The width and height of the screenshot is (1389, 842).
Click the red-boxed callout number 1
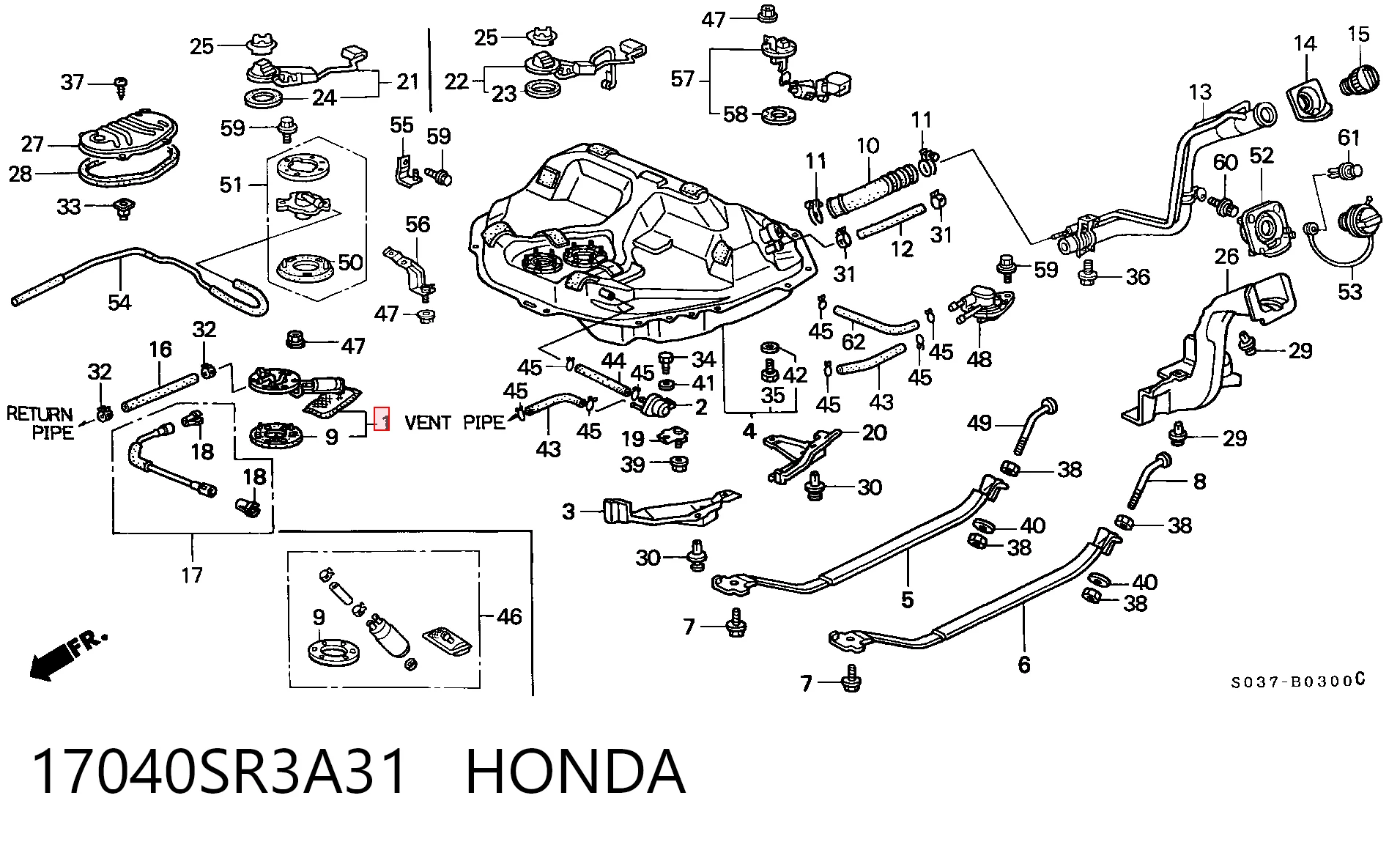[x=381, y=419]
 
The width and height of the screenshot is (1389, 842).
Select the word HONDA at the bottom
[x=576, y=772]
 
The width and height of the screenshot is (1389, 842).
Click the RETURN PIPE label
[x=40, y=423]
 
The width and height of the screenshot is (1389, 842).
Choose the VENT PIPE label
[x=454, y=422]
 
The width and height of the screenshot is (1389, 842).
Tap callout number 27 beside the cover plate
[x=33, y=144]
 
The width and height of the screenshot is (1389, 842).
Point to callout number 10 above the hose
[x=867, y=145]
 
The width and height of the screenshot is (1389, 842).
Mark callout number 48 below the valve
[x=979, y=359]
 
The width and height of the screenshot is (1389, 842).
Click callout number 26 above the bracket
[x=1226, y=256]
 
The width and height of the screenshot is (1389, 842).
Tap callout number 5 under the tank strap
[x=907, y=599]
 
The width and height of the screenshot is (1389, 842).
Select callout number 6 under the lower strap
[x=1024, y=664]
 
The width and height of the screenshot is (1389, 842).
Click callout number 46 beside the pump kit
[x=509, y=616]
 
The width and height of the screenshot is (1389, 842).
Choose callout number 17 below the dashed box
[x=191, y=575]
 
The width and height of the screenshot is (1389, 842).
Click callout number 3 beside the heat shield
[x=568, y=511]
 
